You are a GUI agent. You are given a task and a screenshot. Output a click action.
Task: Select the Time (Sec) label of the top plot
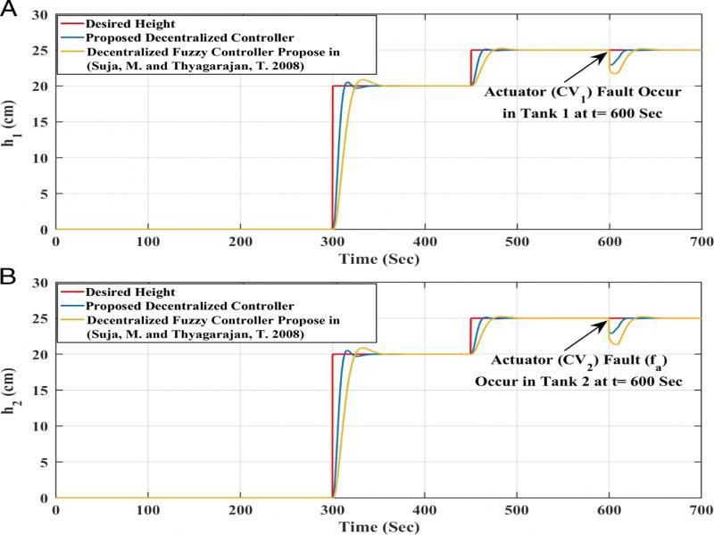click(x=379, y=259)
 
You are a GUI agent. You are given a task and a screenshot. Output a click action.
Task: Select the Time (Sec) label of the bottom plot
click(x=379, y=527)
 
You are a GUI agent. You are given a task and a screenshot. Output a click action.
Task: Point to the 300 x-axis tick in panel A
click(x=333, y=242)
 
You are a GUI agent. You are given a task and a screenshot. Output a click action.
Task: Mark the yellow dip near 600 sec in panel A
click(x=614, y=72)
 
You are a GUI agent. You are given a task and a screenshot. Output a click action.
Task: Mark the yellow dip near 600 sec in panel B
click(x=614, y=343)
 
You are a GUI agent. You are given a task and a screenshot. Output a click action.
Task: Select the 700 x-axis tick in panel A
click(x=702, y=242)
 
